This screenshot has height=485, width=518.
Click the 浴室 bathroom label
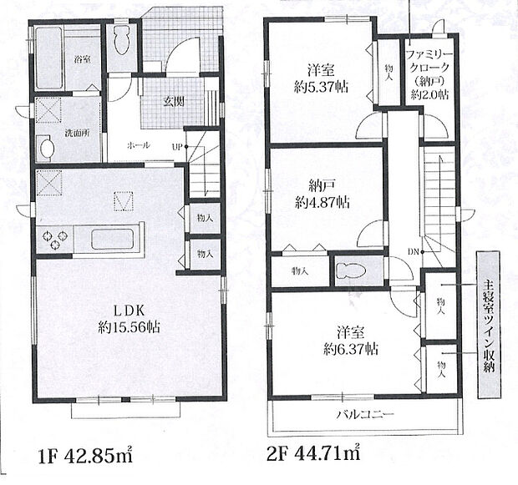[x=83, y=60]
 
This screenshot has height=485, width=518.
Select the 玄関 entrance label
[x=174, y=103]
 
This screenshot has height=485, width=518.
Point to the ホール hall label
[x=139, y=145]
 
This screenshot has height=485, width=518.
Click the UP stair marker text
[x=177, y=147]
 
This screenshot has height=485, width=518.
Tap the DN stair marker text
[x=413, y=252]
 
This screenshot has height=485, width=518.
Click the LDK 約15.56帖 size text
[x=129, y=319]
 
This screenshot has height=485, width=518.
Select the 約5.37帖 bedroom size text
[x=321, y=87]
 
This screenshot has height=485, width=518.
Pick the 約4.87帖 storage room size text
[x=322, y=202]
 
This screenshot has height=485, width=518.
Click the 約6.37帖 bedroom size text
[x=351, y=349]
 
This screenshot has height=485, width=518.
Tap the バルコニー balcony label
[x=365, y=414]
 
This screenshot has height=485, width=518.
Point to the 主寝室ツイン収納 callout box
[x=488, y=326]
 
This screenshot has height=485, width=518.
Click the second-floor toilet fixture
[x=350, y=272]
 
